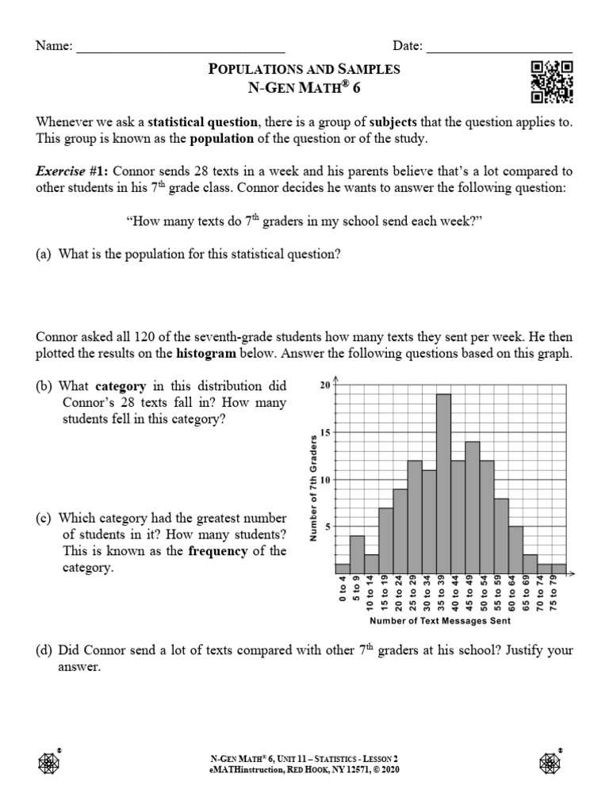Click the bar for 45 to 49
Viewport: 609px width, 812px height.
click(x=472, y=507)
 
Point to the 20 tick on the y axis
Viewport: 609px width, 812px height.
click(x=324, y=385)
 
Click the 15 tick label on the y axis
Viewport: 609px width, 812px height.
click(x=324, y=432)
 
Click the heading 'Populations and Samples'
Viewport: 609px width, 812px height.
click(x=304, y=69)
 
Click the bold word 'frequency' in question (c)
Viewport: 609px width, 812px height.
click(x=218, y=552)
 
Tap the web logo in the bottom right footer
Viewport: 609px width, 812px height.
click(x=550, y=762)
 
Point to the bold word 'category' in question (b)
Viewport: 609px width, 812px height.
click(x=121, y=386)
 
